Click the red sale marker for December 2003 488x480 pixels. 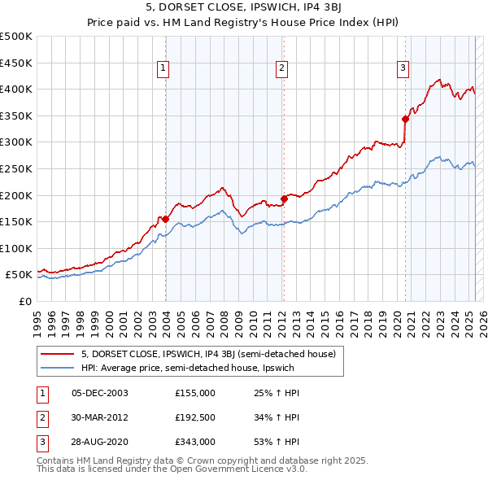pos(165,219)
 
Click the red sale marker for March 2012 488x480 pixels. pos(284,199)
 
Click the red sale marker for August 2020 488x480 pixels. pos(405,119)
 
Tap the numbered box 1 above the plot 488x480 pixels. pos(164,68)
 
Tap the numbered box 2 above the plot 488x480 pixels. pos(282,68)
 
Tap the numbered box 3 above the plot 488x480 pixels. pos(403,68)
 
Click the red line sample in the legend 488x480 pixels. pos(58,353)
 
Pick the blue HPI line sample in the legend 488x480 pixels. pos(58,367)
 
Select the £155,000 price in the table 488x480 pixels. pos(194,393)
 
